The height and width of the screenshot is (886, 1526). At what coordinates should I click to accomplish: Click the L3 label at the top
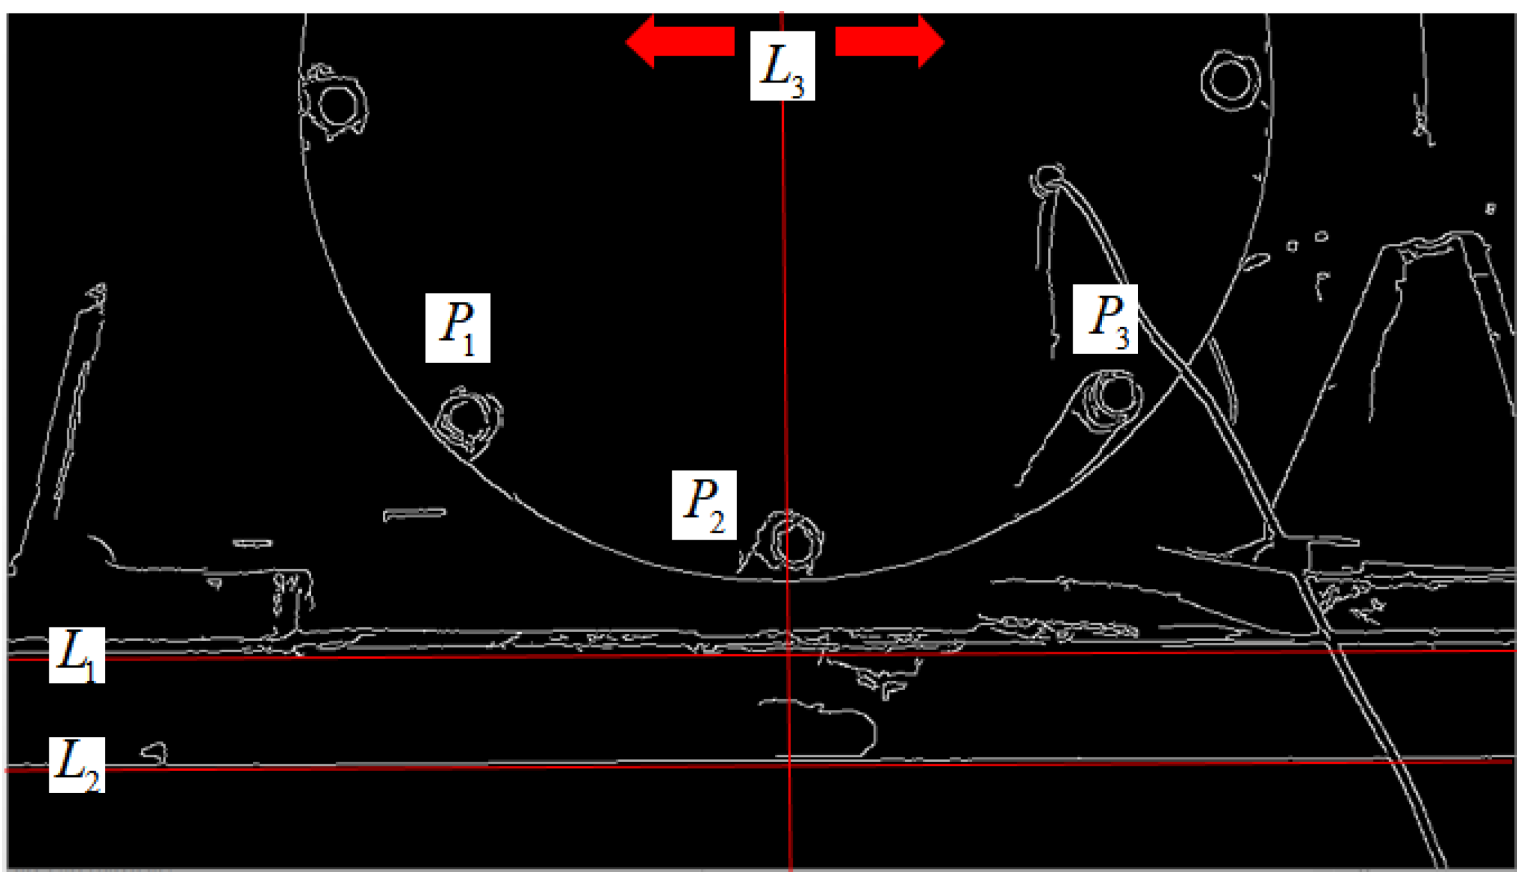782,66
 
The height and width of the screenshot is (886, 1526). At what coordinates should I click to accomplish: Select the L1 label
77,655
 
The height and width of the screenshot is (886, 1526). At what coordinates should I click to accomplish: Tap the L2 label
77,765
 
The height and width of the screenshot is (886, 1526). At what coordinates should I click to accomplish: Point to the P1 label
458,328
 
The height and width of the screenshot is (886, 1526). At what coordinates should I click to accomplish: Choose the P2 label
704,505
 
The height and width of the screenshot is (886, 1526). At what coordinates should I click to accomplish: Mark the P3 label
1105,319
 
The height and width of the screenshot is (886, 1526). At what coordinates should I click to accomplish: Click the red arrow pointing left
679,42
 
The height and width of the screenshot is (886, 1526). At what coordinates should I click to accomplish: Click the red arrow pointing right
889,42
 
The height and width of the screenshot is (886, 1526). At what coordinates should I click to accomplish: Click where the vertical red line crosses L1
788,654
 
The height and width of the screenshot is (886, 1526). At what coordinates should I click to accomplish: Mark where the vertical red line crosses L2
790,765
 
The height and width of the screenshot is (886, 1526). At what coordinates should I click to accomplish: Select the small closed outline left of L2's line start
154,753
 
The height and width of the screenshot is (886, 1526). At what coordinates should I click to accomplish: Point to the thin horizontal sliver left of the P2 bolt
414,514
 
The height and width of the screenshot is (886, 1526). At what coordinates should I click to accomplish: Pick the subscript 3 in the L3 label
797,86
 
